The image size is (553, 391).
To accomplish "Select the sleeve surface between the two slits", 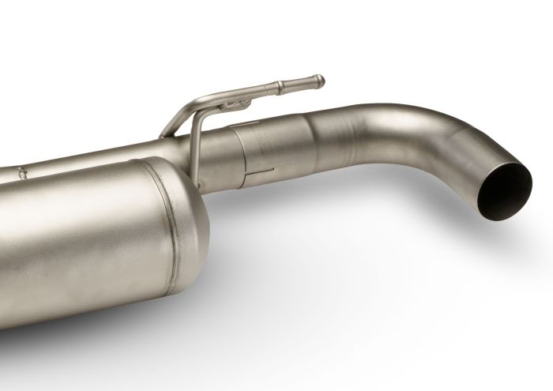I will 257,148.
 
